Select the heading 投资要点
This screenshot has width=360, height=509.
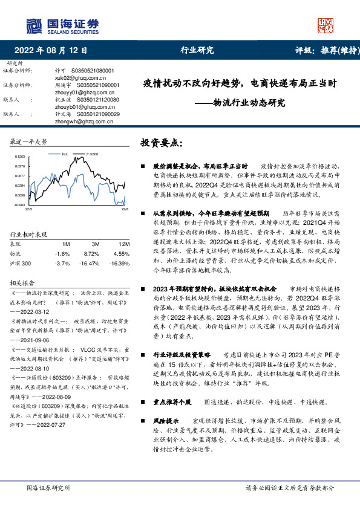tap(160, 143)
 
